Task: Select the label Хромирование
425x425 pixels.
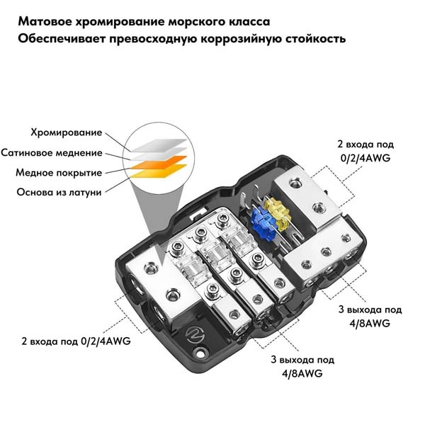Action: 67,133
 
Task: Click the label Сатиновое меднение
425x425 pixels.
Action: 52,152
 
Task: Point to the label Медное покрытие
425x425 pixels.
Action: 59,173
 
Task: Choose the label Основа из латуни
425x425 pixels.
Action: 59,193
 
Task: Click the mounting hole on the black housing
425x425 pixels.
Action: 201,353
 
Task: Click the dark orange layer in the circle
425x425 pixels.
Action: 159,162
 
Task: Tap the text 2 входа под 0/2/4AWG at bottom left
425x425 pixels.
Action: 76,341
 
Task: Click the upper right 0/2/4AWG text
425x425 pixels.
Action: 365,158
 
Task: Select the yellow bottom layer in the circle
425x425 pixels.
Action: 159,171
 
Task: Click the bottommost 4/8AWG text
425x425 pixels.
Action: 302,374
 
